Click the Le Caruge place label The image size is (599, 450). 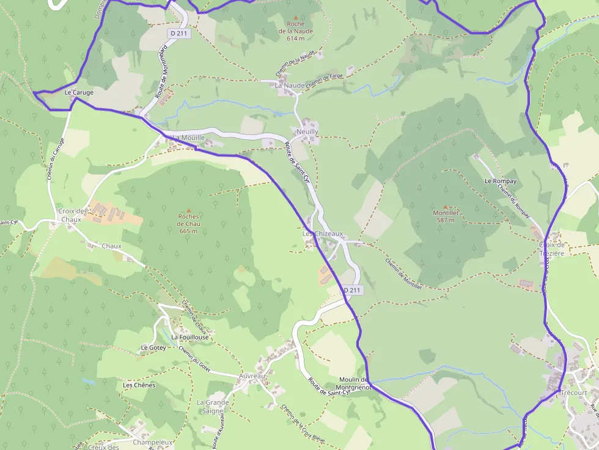pos(79,93)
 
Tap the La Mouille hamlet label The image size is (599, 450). pos(188,138)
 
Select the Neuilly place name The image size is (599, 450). pos(307,132)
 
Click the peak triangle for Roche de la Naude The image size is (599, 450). pos(296,18)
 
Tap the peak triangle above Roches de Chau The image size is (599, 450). pos(188,210)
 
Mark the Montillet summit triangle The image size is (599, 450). pos(445,207)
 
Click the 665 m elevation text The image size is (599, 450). pos(188,231)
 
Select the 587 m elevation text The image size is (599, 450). pos(445,220)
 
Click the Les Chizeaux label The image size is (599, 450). pos(323,234)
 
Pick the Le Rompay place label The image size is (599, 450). pos(500,181)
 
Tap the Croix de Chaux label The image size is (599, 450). pos(70,215)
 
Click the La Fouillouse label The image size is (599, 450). pos(190,337)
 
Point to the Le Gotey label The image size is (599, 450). pos(153,347)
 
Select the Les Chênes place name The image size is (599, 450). pos(139,385)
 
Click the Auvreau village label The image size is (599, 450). pos(253,376)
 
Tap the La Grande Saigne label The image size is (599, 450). pos(213,407)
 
